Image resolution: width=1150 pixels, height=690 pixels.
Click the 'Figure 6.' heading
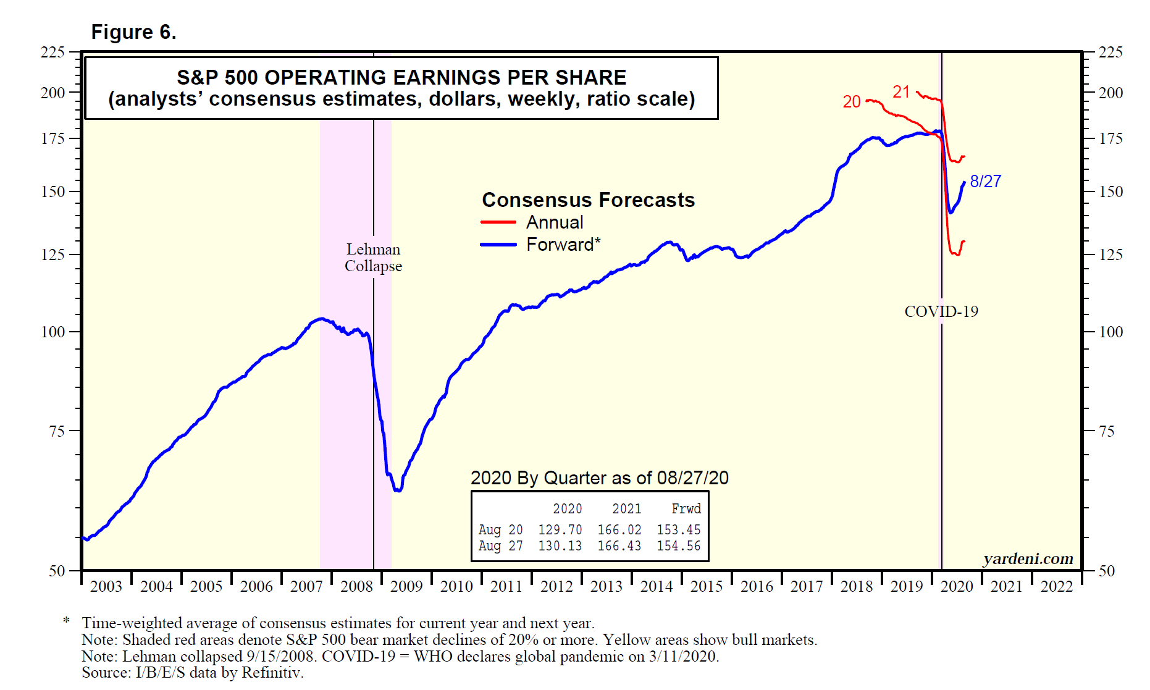(133, 32)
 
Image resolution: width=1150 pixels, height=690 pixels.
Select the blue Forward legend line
(498, 245)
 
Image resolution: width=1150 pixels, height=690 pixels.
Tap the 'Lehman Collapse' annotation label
(373, 258)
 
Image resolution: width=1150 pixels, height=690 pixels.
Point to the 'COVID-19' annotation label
(941, 311)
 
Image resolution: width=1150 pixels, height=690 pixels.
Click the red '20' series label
(852, 102)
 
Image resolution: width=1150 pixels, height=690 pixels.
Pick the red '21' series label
(901, 92)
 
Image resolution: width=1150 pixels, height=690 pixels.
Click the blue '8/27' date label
(986, 181)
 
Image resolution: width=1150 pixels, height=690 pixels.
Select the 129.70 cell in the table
(560, 530)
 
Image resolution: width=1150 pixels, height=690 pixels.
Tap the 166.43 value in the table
(619, 546)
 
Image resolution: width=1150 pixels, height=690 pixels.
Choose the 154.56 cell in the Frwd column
(678, 546)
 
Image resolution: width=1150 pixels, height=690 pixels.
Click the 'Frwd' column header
(686, 509)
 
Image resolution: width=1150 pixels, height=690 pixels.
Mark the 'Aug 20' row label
(500, 530)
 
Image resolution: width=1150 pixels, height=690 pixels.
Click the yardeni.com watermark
(1028, 558)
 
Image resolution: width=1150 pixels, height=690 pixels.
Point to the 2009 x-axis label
(406, 586)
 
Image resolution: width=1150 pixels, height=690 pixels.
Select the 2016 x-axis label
(757, 586)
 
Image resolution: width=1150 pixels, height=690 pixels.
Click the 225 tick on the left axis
(52, 53)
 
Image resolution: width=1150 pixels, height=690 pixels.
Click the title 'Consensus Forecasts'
(588, 200)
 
